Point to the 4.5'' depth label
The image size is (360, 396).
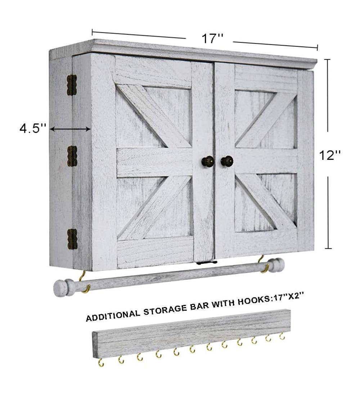click(33, 129)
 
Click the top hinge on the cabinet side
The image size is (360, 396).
click(72, 85)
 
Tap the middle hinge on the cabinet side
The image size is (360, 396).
click(72, 156)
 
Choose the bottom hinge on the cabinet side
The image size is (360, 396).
click(72, 239)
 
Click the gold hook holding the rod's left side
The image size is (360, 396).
click(84, 283)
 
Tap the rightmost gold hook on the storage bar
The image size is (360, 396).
click(282, 336)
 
